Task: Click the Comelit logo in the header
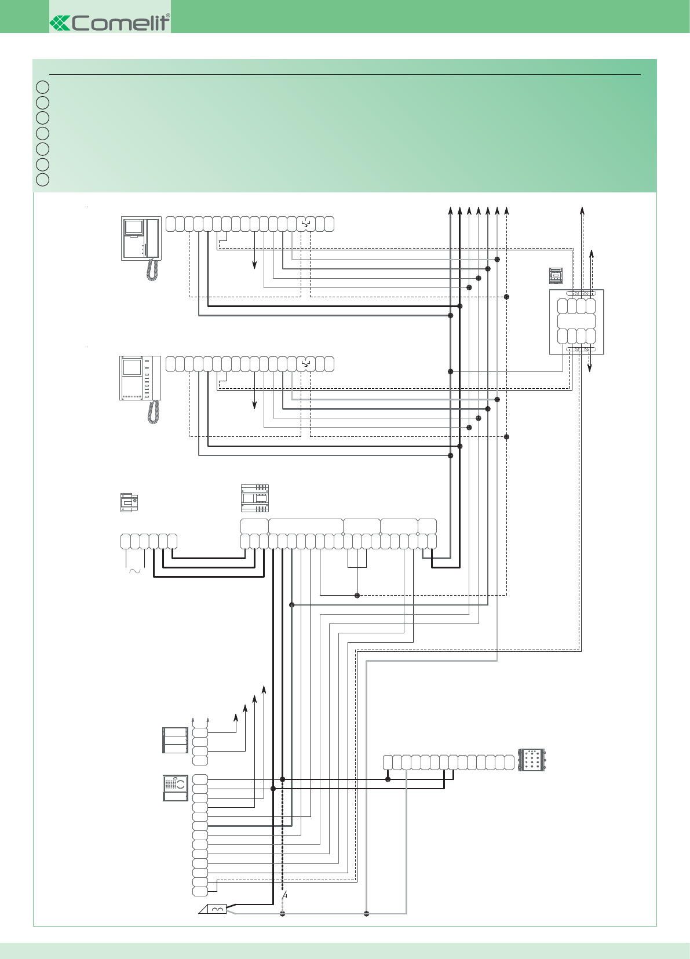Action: [x=109, y=23]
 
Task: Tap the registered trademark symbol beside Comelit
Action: [x=168, y=16]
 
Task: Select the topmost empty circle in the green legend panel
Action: [x=42, y=87]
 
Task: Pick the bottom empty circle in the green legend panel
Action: [x=42, y=180]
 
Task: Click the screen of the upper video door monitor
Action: [x=134, y=227]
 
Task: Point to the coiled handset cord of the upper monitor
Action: [x=152, y=269]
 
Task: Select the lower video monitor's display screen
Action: [x=132, y=367]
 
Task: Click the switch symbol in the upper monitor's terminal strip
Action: [x=306, y=224]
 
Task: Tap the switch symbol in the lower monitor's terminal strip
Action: [x=306, y=364]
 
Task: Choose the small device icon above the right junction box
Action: [x=556, y=275]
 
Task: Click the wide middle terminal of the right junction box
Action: [x=576, y=322]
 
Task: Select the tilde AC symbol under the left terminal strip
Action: [x=134, y=571]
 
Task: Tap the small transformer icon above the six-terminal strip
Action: [x=129, y=502]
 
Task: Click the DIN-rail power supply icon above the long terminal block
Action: [x=255, y=498]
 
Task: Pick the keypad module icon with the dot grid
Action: [x=532, y=760]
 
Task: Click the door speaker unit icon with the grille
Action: [x=176, y=788]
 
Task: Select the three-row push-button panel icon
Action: [x=176, y=741]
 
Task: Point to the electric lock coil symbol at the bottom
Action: [x=217, y=909]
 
